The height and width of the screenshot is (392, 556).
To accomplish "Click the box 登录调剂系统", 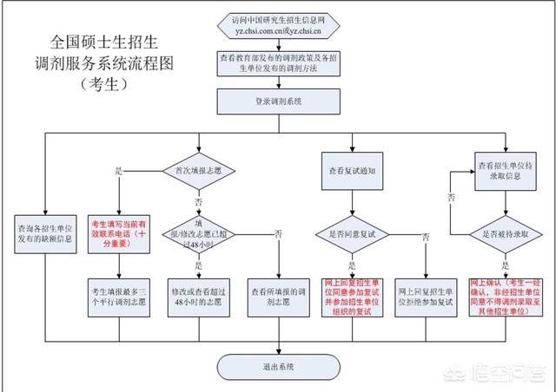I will [278, 102].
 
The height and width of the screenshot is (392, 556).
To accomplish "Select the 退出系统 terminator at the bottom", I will [278, 366].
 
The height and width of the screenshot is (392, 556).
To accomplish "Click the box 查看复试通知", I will [352, 171].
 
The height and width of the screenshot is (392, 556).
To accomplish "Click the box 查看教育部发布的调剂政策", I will [278, 62].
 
